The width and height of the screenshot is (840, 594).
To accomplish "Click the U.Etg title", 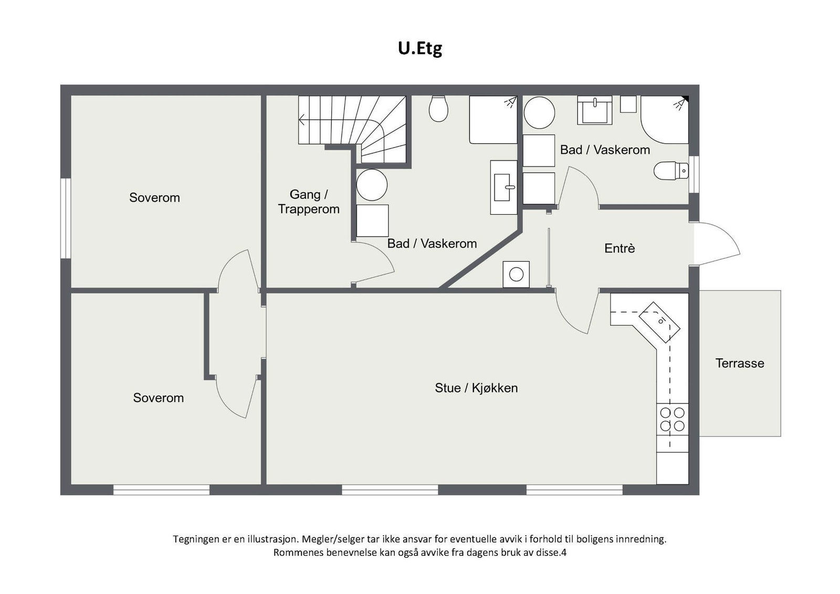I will pyautogui.click(x=419, y=48).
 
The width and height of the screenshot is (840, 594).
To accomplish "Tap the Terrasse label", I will pyautogui.click(x=739, y=363).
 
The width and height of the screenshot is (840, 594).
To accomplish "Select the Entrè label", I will pyautogui.click(x=619, y=248).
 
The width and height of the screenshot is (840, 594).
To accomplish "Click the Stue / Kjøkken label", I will pyautogui.click(x=476, y=388).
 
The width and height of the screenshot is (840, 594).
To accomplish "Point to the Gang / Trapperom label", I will pyautogui.click(x=309, y=201).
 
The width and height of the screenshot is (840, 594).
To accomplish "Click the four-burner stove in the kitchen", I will pyautogui.click(x=672, y=419).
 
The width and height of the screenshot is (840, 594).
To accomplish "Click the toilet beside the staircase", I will pyautogui.click(x=438, y=108).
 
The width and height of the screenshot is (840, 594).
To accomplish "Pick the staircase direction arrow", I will pyautogui.click(x=302, y=120).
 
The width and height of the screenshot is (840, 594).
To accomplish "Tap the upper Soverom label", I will pyautogui.click(x=154, y=198).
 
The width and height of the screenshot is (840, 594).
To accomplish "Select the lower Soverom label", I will pyautogui.click(x=158, y=398).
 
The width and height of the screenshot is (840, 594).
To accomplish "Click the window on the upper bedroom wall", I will pyautogui.click(x=65, y=218).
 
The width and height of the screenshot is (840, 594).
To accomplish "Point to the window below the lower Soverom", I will pyautogui.click(x=161, y=490).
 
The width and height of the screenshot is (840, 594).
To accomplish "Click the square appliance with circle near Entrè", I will pyautogui.click(x=516, y=274).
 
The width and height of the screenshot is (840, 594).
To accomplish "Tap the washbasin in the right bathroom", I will pyautogui.click(x=594, y=110).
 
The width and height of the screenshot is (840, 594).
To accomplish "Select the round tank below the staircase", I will pyautogui.click(x=372, y=185).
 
